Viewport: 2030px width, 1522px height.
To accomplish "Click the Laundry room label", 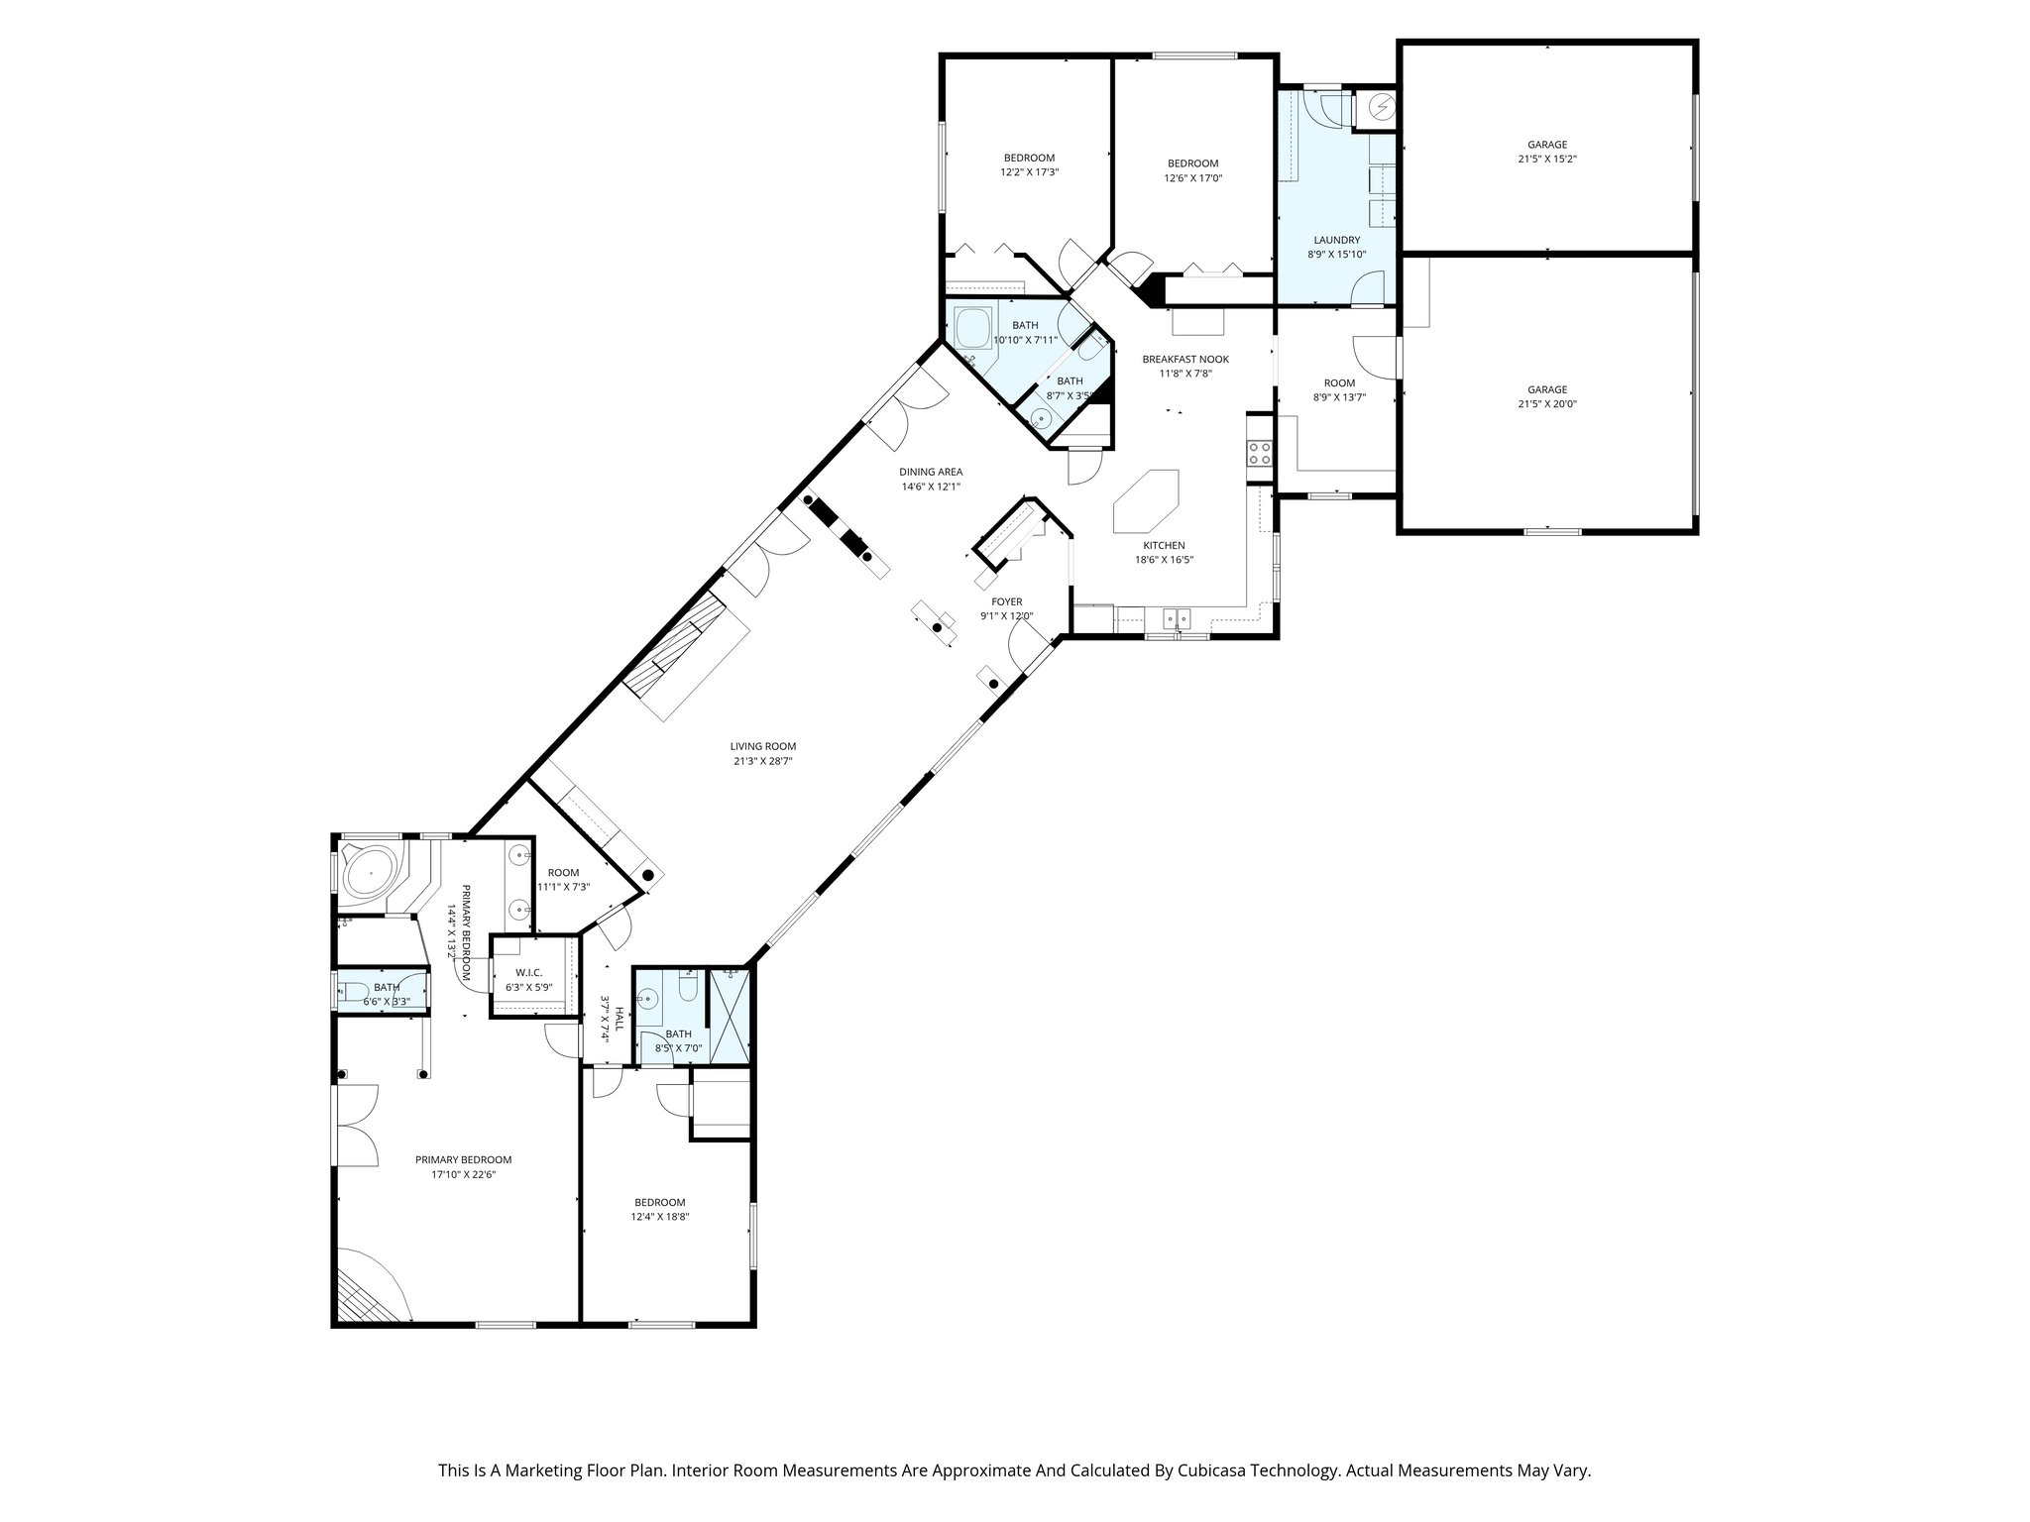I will tap(1336, 240).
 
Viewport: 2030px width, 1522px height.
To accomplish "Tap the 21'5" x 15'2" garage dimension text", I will tap(1546, 159).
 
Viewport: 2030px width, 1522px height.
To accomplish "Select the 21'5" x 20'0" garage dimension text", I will tap(1546, 404).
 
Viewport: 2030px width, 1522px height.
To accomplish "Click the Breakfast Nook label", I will tap(1185, 359).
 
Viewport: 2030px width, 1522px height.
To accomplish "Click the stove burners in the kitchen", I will tap(1260, 454).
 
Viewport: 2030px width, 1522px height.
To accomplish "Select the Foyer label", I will tap(1006, 601).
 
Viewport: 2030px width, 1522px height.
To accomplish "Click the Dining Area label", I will tap(931, 472).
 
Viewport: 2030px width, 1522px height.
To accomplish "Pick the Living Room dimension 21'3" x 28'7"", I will tap(762, 761).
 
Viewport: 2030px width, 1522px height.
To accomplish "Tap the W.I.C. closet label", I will tap(528, 973).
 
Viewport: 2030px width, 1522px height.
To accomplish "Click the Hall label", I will tap(620, 1019).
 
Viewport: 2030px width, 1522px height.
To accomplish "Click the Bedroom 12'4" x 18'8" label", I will tap(659, 1202).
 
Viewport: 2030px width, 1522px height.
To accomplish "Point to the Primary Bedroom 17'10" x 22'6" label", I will tap(463, 1159).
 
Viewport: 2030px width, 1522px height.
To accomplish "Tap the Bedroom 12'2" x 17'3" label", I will tap(1028, 158).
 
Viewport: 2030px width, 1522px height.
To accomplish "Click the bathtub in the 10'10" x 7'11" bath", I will tap(973, 327).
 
